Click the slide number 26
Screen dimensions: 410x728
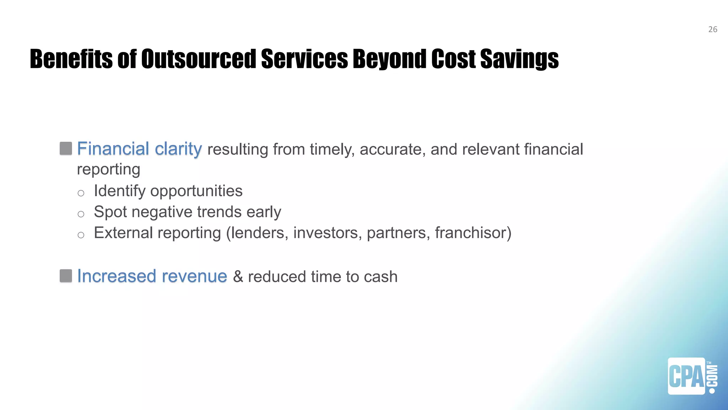coord(712,30)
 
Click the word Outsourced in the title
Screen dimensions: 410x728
coord(198,59)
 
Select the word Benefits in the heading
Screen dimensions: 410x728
coord(71,59)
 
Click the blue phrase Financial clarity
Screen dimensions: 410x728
coord(139,149)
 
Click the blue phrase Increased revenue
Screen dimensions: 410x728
coord(152,276)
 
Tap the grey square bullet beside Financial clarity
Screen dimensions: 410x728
coord(66,148)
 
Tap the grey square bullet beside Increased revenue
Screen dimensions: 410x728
coord(66,276)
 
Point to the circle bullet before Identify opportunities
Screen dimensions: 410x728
coord(81,193)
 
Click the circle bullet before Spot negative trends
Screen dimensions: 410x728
coord(81,214)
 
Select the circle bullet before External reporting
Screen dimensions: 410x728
coord(81,235)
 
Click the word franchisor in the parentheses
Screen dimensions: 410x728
coord(470,233)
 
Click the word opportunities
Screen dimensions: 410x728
coord(196,191)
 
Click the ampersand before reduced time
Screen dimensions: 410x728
coord(238,277)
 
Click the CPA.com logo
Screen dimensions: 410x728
coord(692,376)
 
